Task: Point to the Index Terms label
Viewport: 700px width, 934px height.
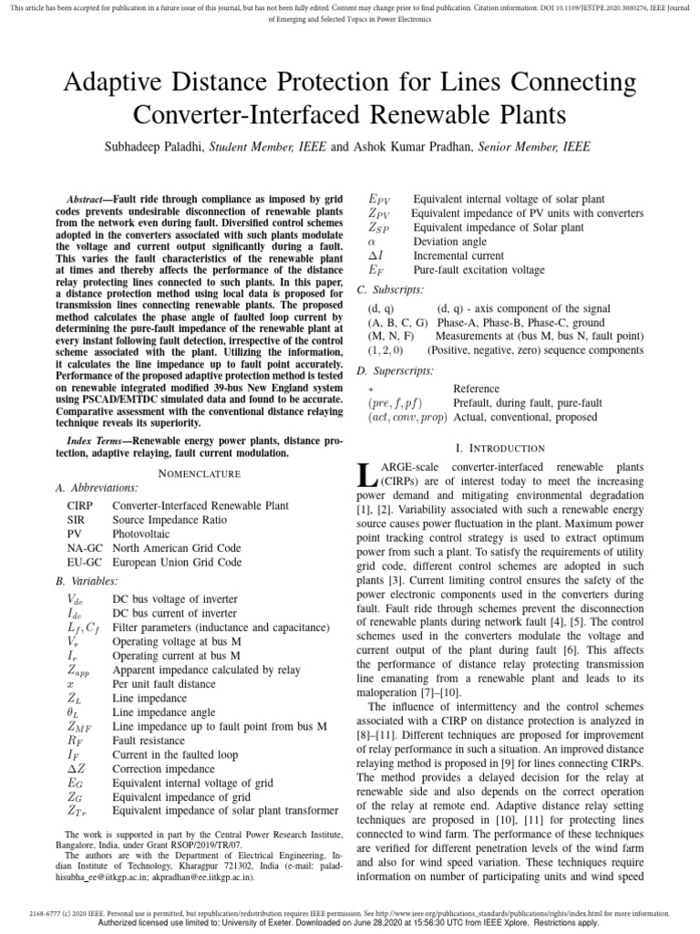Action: (x=97, y=441)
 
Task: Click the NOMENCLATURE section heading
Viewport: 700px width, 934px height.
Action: (x=200, y=473)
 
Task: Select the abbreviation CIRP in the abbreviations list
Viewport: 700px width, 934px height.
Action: (x=79, y=504)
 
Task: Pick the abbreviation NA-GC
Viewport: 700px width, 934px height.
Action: (x=85, y=548)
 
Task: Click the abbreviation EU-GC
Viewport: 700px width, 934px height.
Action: (x=85, y=563)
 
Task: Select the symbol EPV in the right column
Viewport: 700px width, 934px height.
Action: (x=379, y=199)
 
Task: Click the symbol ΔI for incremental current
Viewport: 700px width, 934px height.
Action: (x=376, y=256)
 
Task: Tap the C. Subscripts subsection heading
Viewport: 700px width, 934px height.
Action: (x=389, y=289)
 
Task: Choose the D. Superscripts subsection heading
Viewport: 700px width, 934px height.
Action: (x=394, y=370)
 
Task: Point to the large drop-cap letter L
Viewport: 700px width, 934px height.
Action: (x=365, y=475)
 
